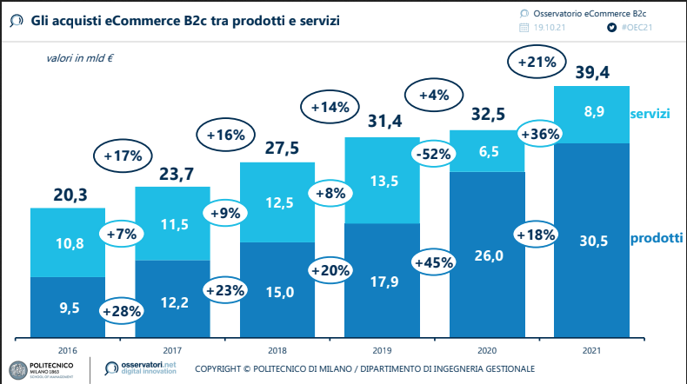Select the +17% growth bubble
(x=123, y=157)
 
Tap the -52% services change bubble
(x=432, y=155)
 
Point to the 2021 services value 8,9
(x=591, y=111)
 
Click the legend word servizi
(x=650, y=115)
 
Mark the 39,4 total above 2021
(x=591, y=73)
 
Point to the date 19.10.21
(x=553, y=28)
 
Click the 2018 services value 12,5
(x=278, y=202)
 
